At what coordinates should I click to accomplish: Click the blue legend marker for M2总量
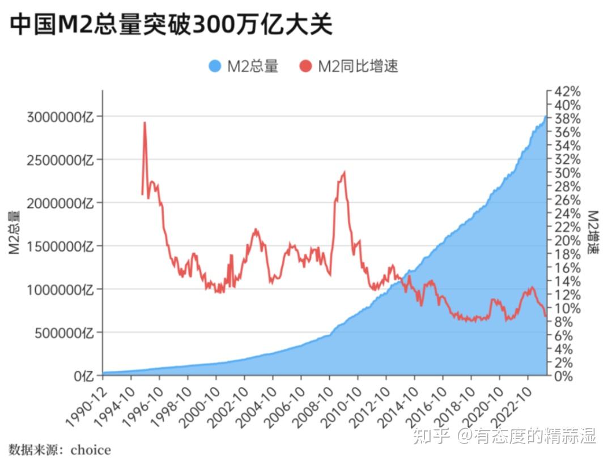click(214, 66)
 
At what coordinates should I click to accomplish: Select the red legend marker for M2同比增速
click(306, 66)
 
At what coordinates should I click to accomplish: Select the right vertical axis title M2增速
click(593, 232)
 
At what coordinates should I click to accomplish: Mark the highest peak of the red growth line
click(145, 122)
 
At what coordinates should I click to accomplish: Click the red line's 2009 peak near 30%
click(344, 173)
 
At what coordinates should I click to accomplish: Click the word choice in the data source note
click(91, 450)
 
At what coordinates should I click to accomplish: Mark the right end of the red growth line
click(546, 316)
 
